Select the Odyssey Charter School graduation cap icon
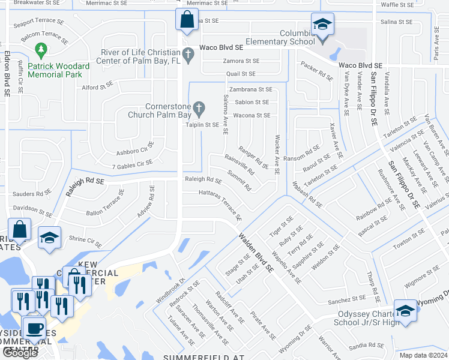click(405, 311)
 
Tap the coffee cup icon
click(34, 328)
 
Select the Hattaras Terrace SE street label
click(220, 205)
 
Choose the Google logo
click(20, 353)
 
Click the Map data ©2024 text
click(422, 355)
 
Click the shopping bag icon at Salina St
click(187, 19)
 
